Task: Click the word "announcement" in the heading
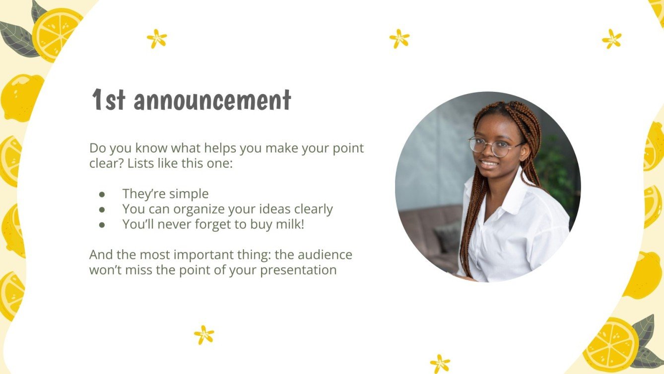212,101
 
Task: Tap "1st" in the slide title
109,101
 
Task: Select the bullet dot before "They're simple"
102,194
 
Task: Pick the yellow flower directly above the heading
157,39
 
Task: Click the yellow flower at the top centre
399,38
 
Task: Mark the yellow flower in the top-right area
611,39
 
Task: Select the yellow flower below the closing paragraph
204,335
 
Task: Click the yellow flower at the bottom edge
440,364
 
